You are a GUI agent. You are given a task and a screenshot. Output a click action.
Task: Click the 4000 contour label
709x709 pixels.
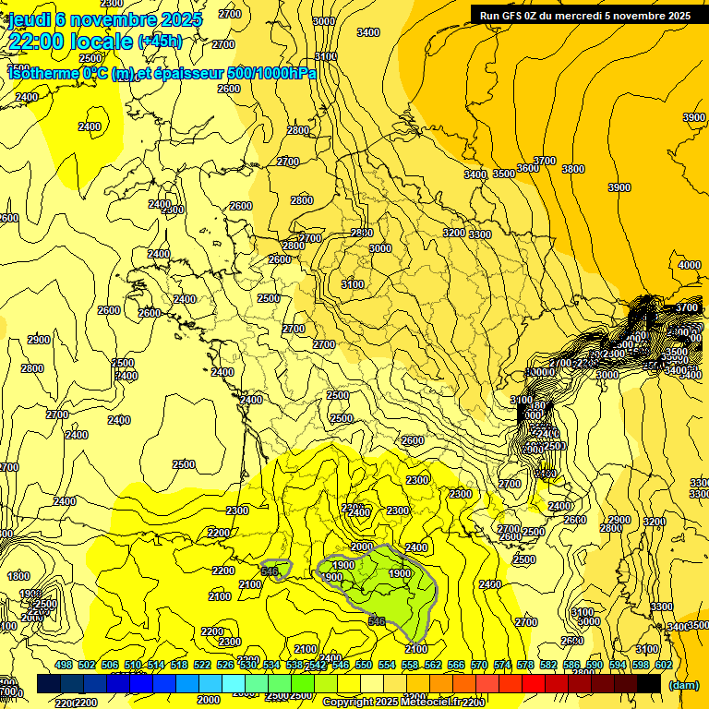[689, 265]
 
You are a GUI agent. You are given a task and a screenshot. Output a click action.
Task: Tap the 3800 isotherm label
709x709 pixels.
[573, 169]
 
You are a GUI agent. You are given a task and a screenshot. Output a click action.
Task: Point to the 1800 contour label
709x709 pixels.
[18, 576]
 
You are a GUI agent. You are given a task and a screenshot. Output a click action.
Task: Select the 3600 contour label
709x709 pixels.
[528, 168]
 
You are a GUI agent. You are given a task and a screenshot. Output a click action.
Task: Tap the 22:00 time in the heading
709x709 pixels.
[40, 41]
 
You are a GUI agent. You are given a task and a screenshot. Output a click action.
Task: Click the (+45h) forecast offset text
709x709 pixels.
[159, 42]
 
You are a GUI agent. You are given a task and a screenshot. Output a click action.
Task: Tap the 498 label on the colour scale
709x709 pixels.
[64, 665]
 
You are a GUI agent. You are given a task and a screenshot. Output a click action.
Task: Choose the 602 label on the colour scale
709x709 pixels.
[664, 665]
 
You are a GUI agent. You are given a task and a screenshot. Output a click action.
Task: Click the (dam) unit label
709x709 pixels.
[683, 684]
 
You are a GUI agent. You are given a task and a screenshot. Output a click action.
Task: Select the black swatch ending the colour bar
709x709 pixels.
[649, 683]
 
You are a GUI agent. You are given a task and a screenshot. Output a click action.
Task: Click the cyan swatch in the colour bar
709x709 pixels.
[234, 683]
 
